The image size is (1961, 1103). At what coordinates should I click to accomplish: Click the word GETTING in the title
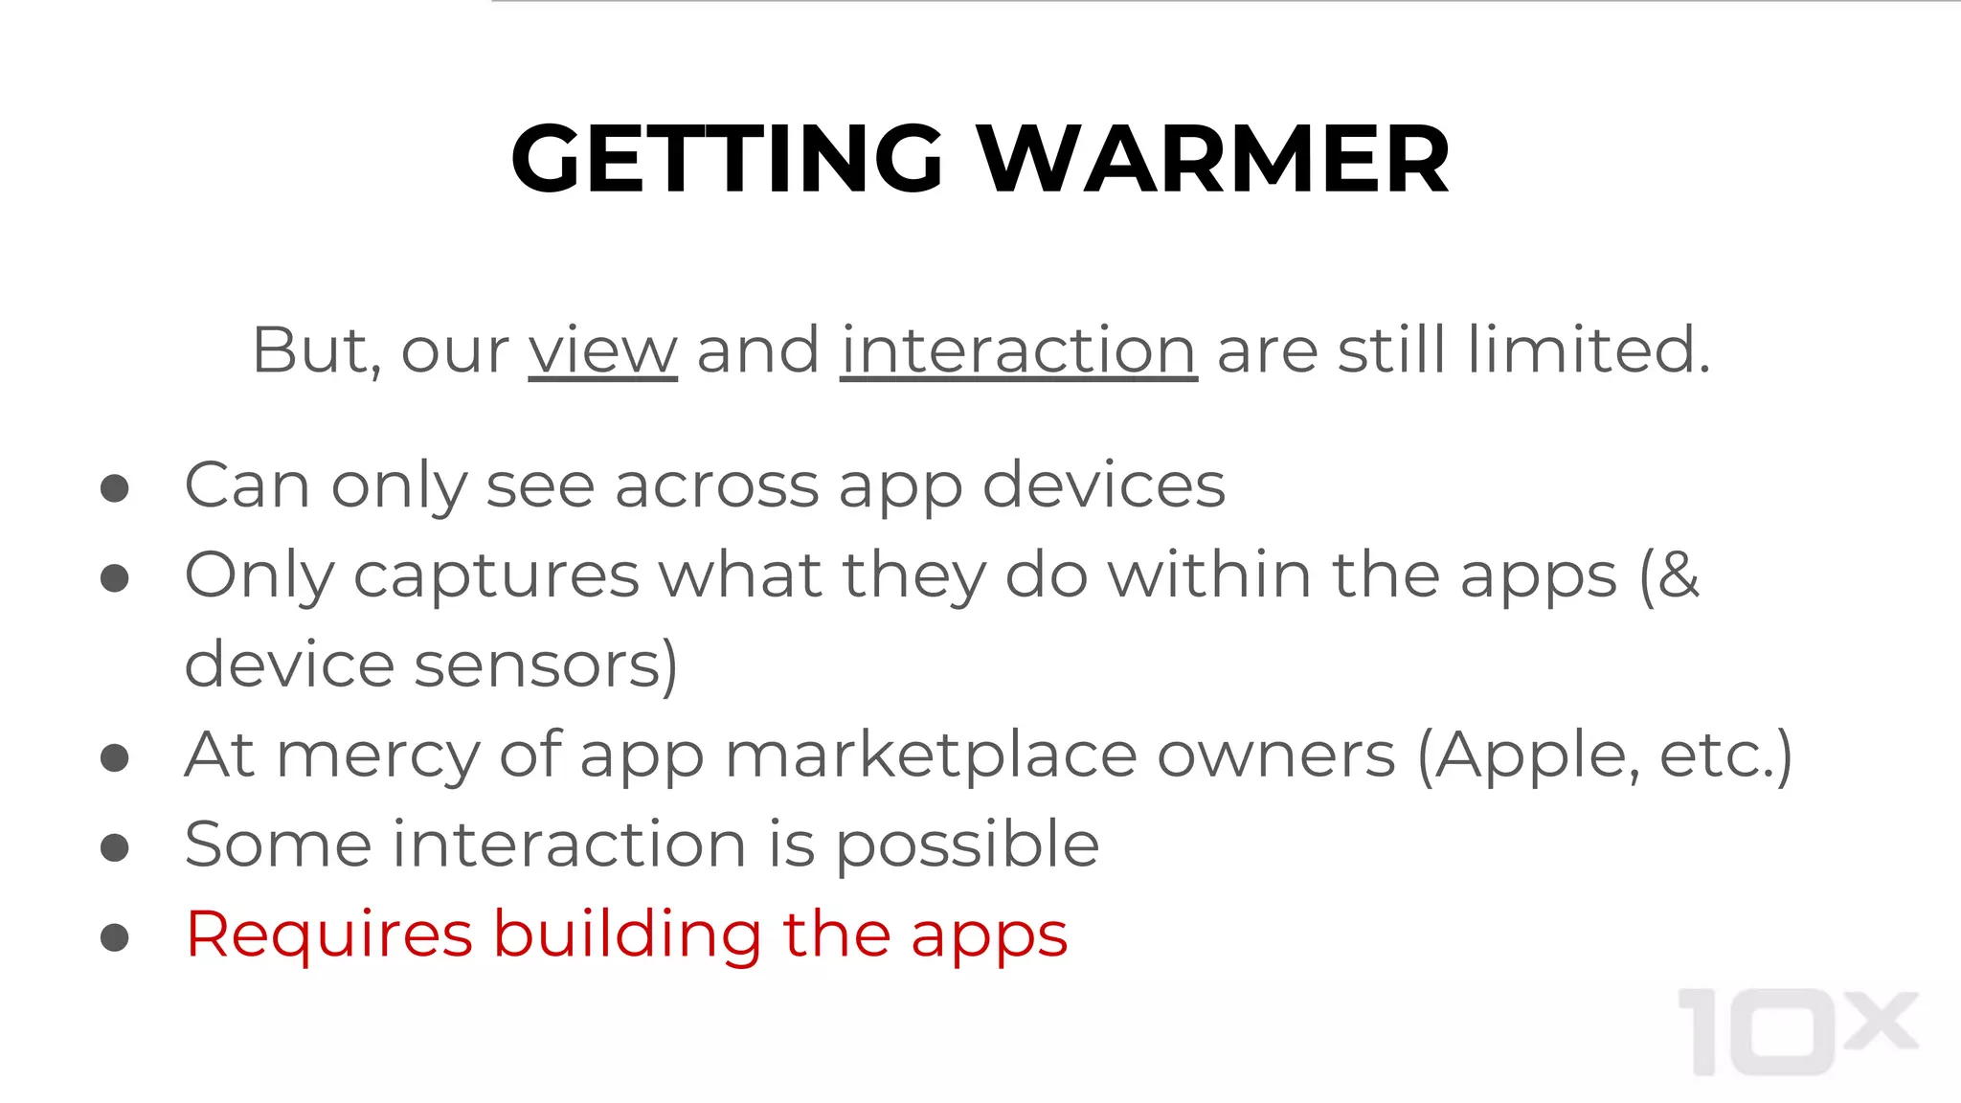coord(728,159)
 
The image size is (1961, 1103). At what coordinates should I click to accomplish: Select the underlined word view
coord(602,350)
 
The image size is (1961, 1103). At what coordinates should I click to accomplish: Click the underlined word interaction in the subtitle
coord(1018,350)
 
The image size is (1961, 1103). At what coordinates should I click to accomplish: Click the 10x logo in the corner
coord(1797,1032)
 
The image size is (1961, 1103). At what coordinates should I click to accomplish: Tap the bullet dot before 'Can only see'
coord(115,488)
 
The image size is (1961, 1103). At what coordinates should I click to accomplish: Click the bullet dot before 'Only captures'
coord(115,578)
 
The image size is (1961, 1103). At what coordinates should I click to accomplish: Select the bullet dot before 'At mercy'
coord(115,758)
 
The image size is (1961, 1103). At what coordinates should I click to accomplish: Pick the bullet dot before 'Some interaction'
coord(115,847)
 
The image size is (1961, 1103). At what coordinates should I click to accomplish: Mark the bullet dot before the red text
coord(115,937)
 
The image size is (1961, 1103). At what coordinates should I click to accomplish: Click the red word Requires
coord(329,935)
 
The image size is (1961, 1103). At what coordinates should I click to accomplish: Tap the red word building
coord(627,934)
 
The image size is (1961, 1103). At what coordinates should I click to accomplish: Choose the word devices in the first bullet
coord(1103,485)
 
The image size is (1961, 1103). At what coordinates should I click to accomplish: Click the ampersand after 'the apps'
coord(1679,576)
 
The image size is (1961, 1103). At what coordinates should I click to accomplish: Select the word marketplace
coord(931,756)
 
